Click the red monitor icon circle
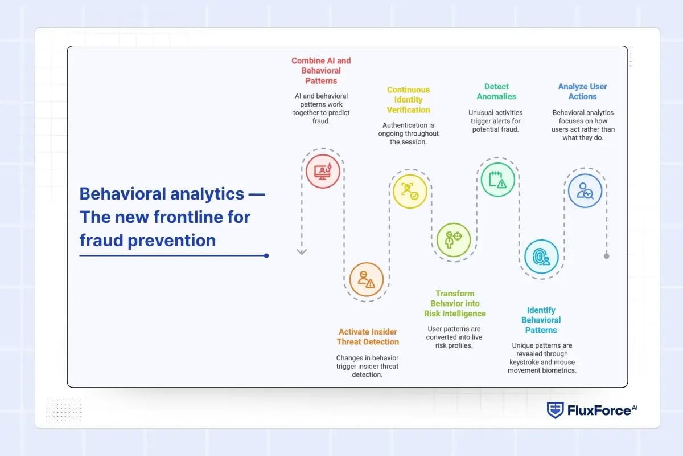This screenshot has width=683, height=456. click(x=323, y=171)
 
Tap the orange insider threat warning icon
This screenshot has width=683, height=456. click(x=367, y=279)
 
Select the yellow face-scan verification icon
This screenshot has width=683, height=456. click(x=410, y=191)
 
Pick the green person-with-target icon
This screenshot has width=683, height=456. click(x=454, y=239)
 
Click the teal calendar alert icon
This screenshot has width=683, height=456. click(x=497, y=180)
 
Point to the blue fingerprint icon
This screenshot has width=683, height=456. click(x=541, y=256)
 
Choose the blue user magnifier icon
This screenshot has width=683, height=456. click(x=585, y=191)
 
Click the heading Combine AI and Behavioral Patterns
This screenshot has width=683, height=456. click(x=321, y=71)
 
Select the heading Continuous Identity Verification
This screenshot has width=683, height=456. click(x=408, y=100)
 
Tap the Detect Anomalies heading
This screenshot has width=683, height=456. click(x=496, y=92)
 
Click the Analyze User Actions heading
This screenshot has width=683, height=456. click(x=582, y=92)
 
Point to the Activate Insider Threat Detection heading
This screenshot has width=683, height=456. click(x=368, y=337)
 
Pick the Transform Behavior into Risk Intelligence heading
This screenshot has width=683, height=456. click(x=455, y=304)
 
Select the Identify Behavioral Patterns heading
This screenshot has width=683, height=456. click(x=541, y=320)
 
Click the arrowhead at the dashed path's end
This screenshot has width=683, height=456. click(x=302, y=251)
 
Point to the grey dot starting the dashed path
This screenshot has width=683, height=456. click(x=606, y=256)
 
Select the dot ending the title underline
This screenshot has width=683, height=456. click(x=266, y=256)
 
